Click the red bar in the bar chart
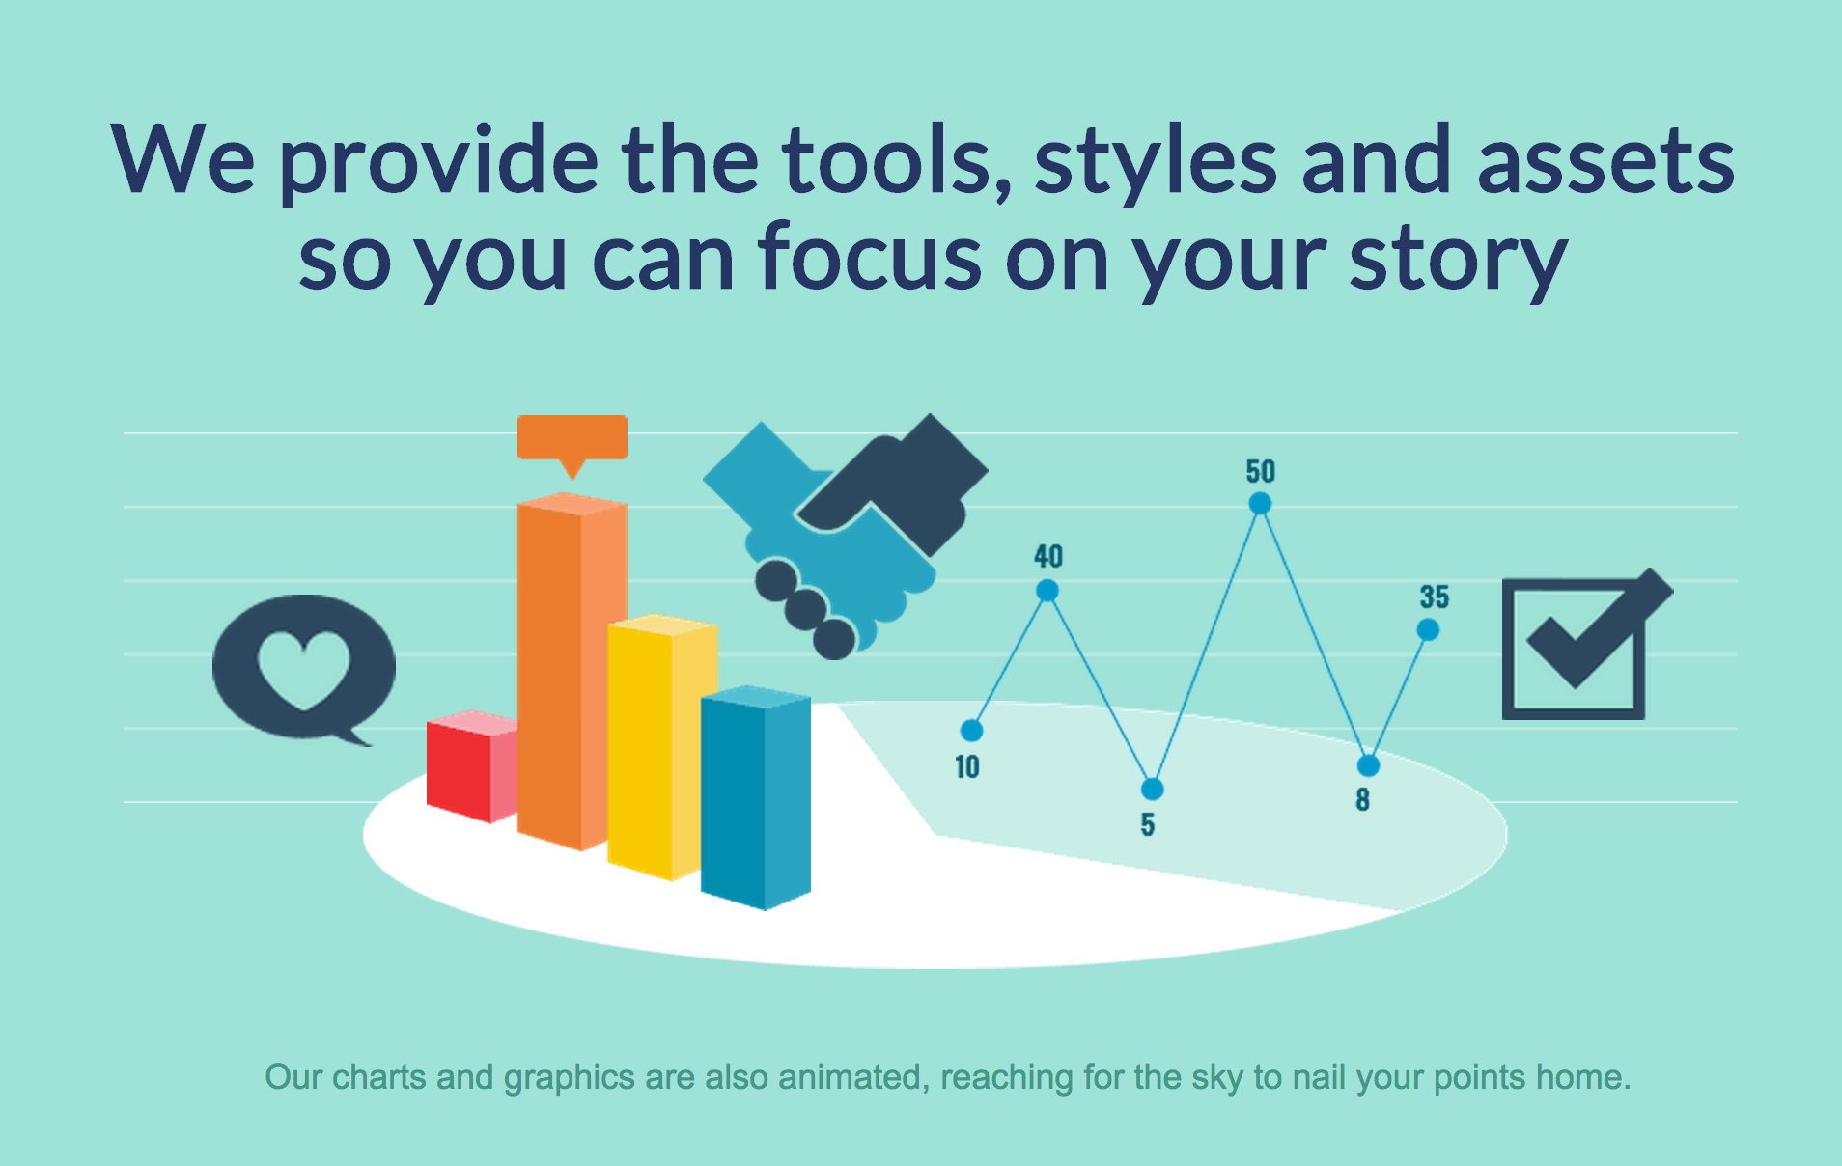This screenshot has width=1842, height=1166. click(x=472, y=767)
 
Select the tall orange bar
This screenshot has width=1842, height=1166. click(x=572, y=672)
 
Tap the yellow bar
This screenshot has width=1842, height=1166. click(x=662, y=747)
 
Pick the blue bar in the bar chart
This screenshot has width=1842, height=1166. click(x=756, y=798)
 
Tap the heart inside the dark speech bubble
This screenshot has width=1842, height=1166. click(x=303, y=669)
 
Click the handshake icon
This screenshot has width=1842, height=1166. click(x=846, y=537)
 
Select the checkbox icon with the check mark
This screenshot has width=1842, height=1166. click(x=1587, y=644)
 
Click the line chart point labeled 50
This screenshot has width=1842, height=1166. click(x=1260, y=503)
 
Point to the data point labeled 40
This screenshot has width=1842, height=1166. click(x=1047, y=590)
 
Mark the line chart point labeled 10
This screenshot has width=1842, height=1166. click(x=972, y=731)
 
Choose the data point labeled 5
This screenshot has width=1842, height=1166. click(x=1153, y=789)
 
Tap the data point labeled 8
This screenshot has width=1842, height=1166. click(x=1369, y=765)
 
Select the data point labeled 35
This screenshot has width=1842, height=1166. click(x=1429, y=629)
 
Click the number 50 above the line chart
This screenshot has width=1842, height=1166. click(x=1261, y=471)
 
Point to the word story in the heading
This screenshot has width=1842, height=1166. click(x=1459, y=258)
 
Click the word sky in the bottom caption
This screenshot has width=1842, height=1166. click(x=1217, y=1078)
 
